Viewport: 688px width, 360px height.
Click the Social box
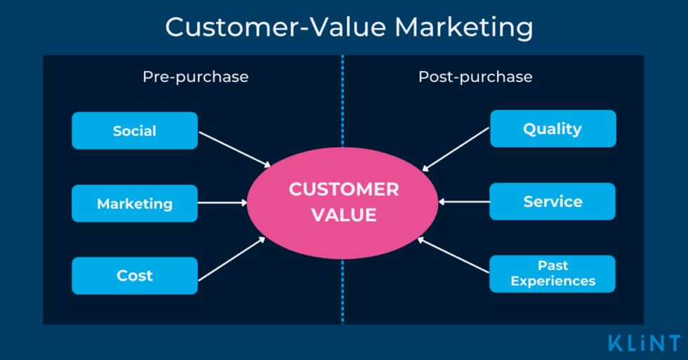[134, 131]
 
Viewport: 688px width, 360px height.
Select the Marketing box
[134, 204]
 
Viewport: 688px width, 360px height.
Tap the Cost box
[134, 276]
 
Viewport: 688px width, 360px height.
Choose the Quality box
[553, 128]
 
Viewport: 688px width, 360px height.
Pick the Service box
[553, 201]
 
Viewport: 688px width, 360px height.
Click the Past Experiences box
[553, 274]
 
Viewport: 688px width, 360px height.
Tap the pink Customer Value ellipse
[343, 202]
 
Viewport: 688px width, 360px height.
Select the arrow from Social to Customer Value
[234, 149]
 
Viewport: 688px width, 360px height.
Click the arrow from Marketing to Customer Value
[223, 203]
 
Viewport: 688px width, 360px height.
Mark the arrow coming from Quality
[456, 149]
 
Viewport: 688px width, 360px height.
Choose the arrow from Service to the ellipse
[463, 201]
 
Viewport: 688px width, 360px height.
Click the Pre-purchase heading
[195, 76]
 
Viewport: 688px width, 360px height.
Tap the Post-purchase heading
[475, 76]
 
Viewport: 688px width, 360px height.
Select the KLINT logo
[645, 343]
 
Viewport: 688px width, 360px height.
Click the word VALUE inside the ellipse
[343, 215]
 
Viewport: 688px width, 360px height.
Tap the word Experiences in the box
[553, 281]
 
